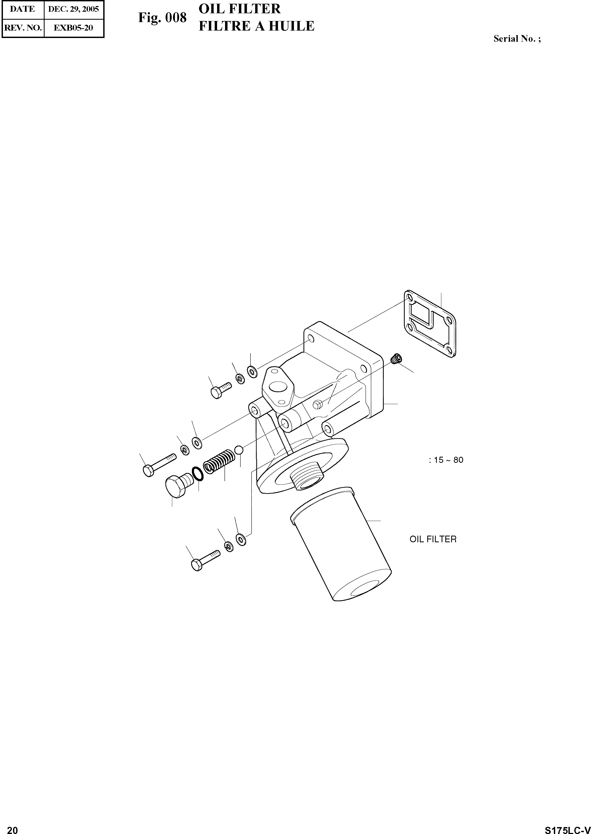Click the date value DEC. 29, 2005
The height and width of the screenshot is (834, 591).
tap(74, 9)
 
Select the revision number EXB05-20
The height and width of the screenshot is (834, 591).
tap(74, 28)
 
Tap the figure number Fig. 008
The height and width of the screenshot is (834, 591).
tap(162, 18)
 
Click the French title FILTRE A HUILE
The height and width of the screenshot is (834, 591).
tap(257, 26)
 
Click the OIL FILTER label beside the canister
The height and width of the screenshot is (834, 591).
tap(433, 539)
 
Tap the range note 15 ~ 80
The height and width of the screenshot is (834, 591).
tap(448, 460)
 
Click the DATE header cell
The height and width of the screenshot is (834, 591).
tap(23, 9)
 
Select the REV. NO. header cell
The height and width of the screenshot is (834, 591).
tap(23, 28)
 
